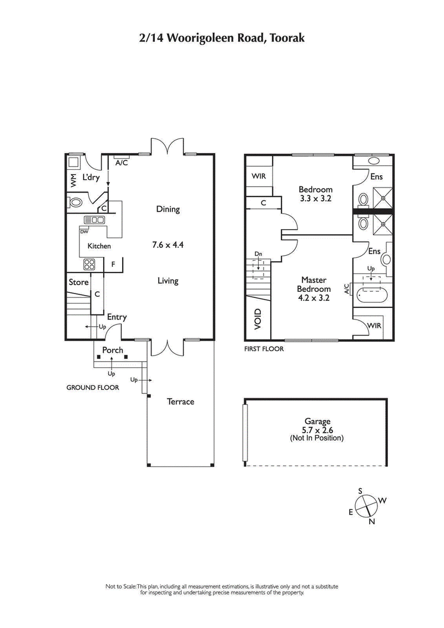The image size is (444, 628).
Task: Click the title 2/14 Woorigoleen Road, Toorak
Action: (221, 38)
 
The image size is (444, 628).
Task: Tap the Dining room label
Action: (168, 209)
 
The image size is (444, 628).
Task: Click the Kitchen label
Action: (99, 246)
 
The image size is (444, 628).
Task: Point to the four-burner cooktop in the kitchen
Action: (89, 264)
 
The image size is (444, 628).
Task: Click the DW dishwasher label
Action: (84, 232)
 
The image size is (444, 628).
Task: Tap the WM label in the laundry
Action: (73, 180)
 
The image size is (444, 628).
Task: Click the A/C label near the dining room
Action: (122, 163)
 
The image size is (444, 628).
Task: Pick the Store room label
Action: (78, 282)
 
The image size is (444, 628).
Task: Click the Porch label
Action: (113, 350)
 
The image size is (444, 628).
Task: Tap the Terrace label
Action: (181, 401)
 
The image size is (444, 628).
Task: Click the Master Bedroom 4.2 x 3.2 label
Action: (316, 288)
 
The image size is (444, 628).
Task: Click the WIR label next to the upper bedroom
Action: (259, 176)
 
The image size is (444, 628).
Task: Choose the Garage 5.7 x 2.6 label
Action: (317, 429)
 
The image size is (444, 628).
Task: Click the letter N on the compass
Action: (371, 521)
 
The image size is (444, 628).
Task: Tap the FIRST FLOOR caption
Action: (264, 349)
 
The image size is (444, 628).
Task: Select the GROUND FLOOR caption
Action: (93, 388)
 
